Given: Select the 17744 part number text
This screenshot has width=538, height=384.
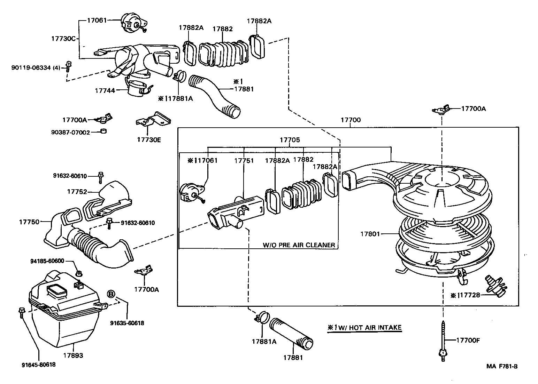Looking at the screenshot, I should (105, 90).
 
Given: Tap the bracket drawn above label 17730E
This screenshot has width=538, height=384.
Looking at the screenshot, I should (153, 120).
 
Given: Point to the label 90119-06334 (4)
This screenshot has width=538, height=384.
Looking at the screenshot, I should (36, 68).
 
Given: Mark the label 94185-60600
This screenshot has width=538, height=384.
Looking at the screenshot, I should (47, 261).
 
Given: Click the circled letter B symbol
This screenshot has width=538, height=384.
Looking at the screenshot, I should (110, 294).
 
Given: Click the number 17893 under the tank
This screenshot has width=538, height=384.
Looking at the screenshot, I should (73, 356).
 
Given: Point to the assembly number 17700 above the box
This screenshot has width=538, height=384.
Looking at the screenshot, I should (350, 120).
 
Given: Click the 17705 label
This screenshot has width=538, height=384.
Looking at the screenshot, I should (290, 140).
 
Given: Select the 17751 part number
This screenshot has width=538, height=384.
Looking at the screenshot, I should (244, 161).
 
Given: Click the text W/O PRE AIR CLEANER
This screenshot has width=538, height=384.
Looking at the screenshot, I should (299, 245).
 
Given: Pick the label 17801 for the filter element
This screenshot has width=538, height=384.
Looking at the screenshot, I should (370, 234).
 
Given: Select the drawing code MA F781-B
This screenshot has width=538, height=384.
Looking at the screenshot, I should (502, 366).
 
